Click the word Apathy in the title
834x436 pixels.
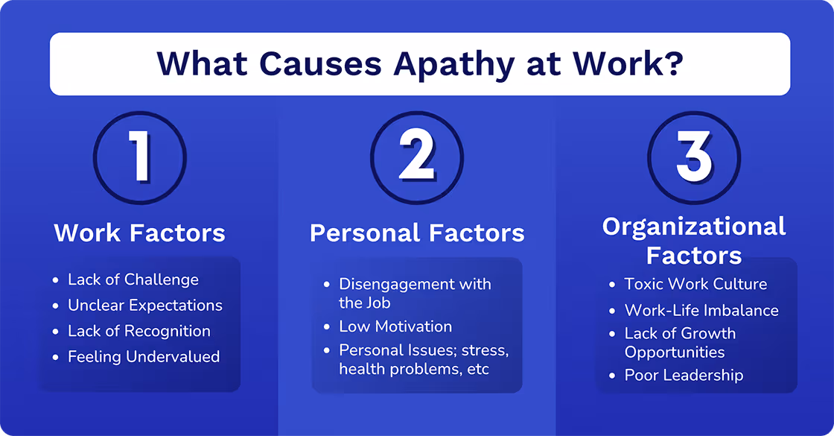pos(453,64)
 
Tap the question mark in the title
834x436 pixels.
pos(672,64)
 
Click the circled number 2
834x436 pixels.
pos(417,157)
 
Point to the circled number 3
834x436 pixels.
pos(694,157)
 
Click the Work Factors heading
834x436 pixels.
pos(140,233)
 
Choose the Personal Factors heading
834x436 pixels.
pos(417,233)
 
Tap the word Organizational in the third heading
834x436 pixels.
pos(694,227)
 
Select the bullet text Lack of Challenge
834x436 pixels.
pos(133,279)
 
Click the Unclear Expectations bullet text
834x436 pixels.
pos(145,306)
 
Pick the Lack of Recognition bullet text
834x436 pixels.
pos(139,331)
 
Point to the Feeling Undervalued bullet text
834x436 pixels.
pos(144,357)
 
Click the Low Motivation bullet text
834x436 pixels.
pos(395,326)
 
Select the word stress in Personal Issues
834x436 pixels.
pos(485,350)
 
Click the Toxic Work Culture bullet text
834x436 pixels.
pos(695,284)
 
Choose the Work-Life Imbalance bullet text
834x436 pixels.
pos(701,310)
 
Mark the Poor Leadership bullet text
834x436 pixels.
pos(684,375)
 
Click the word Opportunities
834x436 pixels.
pos(675,352)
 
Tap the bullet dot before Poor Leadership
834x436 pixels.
pos(611,376)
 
